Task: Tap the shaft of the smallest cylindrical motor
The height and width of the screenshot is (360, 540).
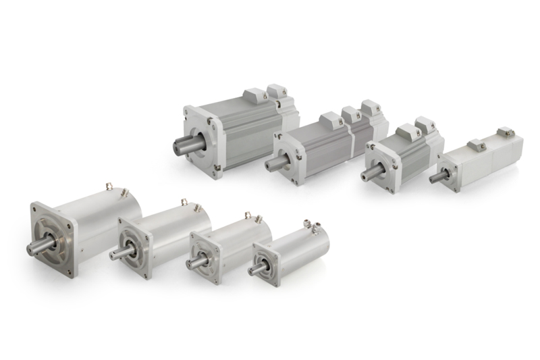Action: pyautogui.click(x=256, y=269)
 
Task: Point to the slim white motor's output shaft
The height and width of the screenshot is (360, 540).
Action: pyautogui.click(x=436, y=177)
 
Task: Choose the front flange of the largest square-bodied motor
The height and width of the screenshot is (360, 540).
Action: pyautogui.click(x=202, y=138)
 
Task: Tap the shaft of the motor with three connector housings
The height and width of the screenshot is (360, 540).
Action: pyautogui.click(x=273, y=162)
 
